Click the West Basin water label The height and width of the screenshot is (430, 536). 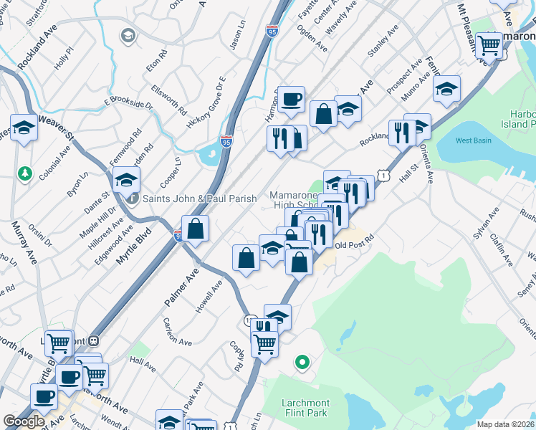pyautogui.click(x=473, y=140)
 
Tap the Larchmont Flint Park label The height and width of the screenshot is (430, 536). pyautogui.click(x=296, y=396)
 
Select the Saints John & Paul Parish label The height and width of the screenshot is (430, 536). pyautogui.click(x=200, y=199)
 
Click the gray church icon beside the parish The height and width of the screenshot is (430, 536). pyautogui.click(x=133, y=199)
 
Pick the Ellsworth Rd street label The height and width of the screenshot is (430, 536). pyautogui.click(x=168, y=101)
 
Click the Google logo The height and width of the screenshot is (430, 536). pyautogui.click(x=23, y=421)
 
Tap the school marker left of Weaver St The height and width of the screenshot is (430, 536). pyautogui.click(x=24, y=128)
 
